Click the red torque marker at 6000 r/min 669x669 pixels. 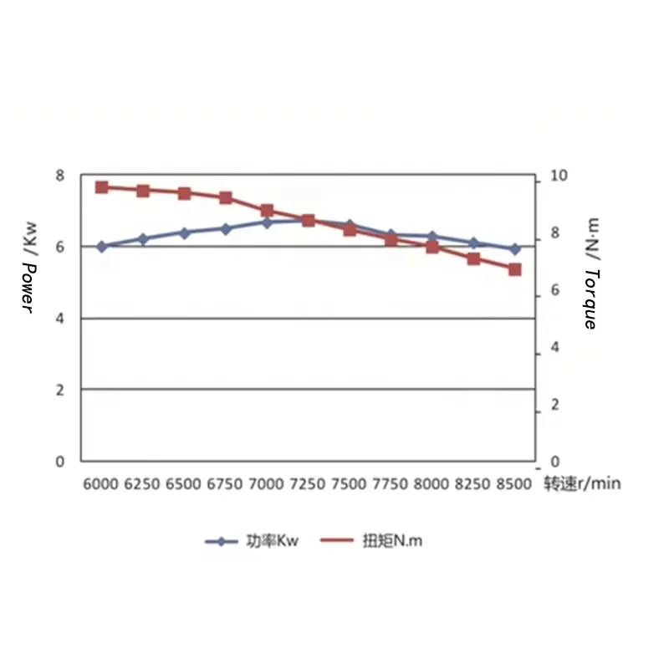102,187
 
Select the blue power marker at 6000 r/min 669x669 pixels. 102,247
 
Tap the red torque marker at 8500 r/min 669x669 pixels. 515,269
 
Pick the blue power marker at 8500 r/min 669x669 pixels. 515,249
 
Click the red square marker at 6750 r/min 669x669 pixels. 226,198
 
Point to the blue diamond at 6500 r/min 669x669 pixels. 185,232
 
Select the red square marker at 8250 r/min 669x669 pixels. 473,259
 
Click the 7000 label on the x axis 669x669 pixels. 267,484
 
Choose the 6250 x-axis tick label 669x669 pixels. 143,484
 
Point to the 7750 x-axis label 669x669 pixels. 391,484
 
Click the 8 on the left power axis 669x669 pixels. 59,176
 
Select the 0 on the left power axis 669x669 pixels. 59,461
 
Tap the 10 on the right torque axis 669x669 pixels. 556,176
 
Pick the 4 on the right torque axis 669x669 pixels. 552,348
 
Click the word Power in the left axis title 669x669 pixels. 28,289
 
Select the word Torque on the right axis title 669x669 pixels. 590,299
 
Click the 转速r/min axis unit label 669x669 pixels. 583,484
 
